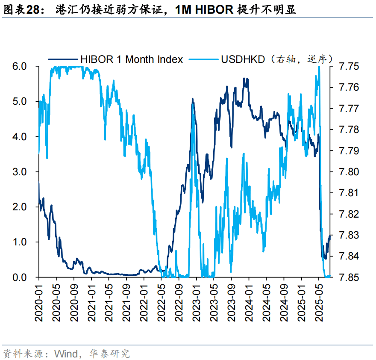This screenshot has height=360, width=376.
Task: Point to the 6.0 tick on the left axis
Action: pyautogui.click(x=19, y=66)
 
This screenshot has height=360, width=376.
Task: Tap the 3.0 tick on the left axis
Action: pyautogui.click(x=19, y=172)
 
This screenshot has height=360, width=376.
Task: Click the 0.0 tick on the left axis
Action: pyautogui.click(x=19, y=277)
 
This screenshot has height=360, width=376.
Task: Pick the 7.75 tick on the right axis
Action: pyautogui.click(x=349, y=66)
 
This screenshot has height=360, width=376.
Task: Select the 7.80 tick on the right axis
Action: pyautogui.click(x=349, y=172)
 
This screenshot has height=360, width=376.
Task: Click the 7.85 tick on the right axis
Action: pyautogui.click(x=349, y=277)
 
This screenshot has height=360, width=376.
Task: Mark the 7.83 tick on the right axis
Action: pyautogui.click(x=349, y=235)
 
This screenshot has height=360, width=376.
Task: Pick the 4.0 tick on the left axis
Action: pyautogui.click(x=19, y=137)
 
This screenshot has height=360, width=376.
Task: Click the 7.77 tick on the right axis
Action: pyautogui.click(x=349, y=109)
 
